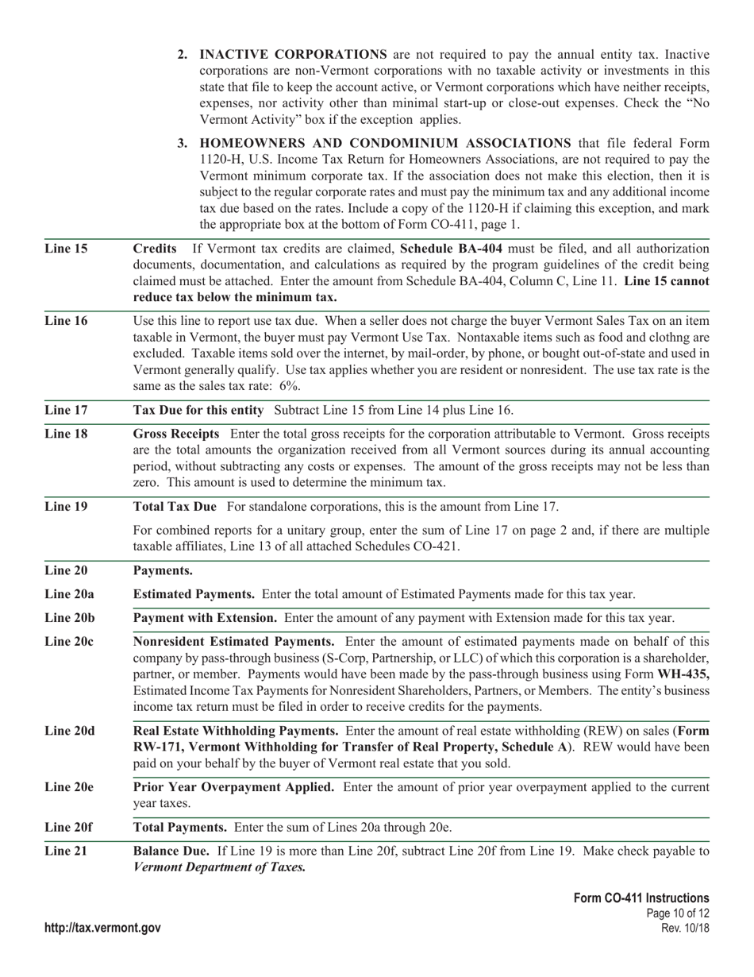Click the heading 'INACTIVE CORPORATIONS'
pyautogui.click(x=293, y=55)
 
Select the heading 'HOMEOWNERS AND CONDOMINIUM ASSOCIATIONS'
pyautogui.click(x=385, y=143)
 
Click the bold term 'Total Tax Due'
pyautogui.click(x=175, y=507)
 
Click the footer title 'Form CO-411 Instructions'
pyautogui.click(x=641, y=898)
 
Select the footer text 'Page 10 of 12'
pyautogui.click(x=679, y=913)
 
